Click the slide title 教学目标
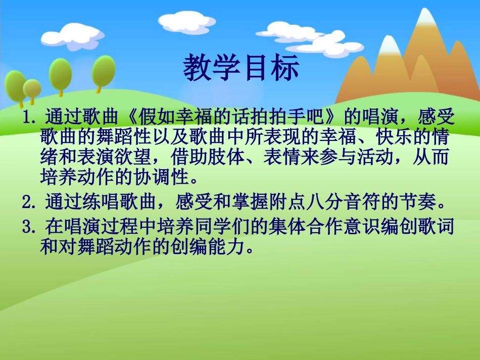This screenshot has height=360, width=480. point(241,69)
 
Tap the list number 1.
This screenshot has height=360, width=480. point(28,118)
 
